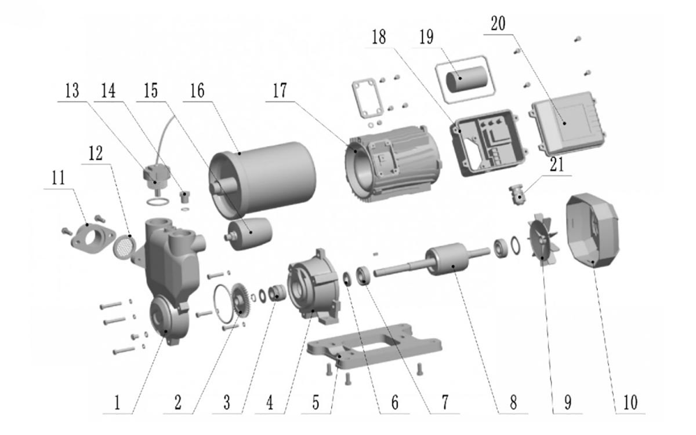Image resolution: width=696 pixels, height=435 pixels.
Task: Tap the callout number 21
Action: (556, 165)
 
